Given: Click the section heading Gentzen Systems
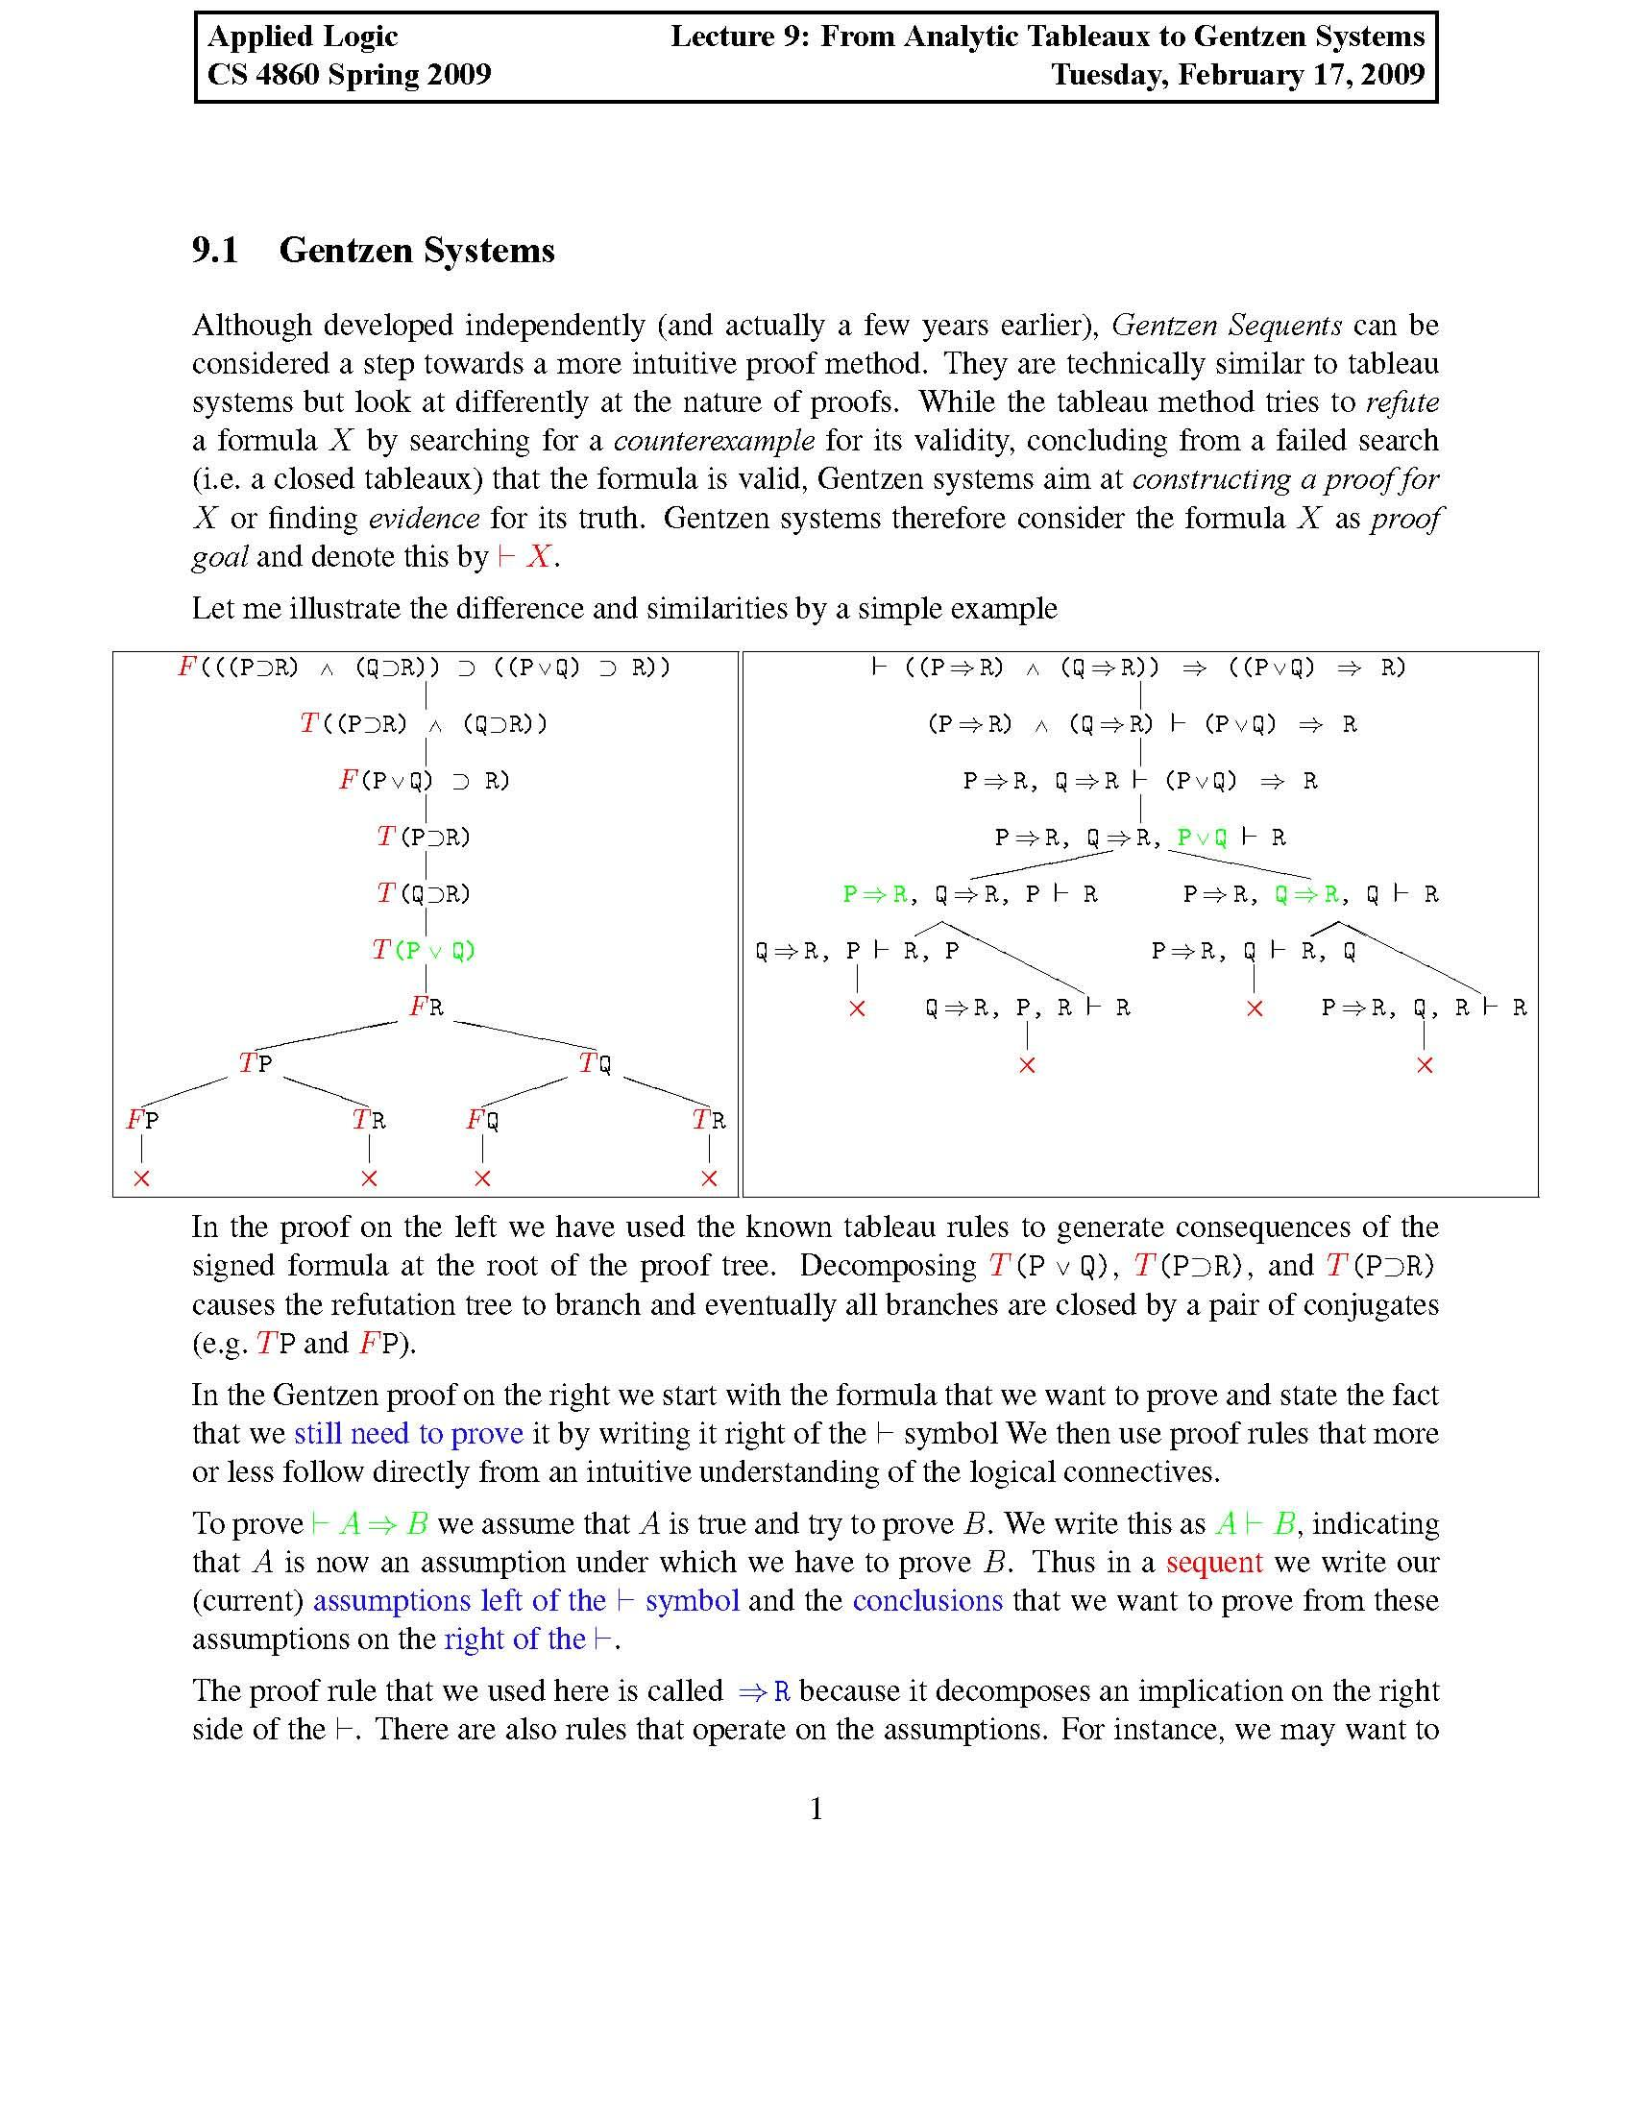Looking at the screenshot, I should click(416, 251).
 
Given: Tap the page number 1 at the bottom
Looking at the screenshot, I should click(816, 1809).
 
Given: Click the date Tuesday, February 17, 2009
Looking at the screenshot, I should click(1237, 75).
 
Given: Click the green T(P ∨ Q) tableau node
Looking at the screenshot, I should click(425, 950).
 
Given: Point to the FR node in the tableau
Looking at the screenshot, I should click(427, 1008).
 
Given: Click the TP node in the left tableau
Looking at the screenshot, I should click(256, 1063).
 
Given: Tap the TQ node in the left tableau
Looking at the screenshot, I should click(596, 1063).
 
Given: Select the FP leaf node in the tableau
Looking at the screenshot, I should click(142, 1120).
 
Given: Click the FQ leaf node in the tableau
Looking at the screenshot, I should click(483, 1120).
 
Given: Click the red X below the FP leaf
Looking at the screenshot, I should click(142, 1178).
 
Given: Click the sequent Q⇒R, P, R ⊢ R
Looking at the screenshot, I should click(1028, 1008).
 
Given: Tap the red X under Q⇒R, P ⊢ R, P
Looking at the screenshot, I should click(856, 1009).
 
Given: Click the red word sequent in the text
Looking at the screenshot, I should click(1214, 1562).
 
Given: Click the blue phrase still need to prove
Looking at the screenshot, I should click(408, 1433).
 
